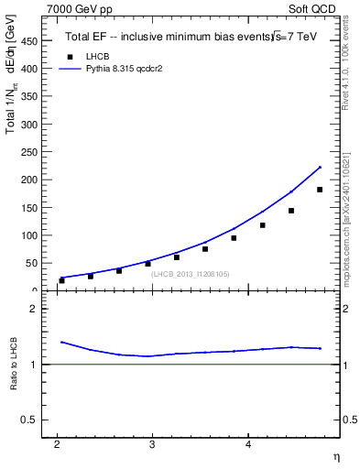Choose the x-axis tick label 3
153,445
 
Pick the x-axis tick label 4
248,445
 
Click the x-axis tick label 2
57,445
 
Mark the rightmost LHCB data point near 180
320,190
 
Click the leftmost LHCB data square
61,280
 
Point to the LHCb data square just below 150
291,211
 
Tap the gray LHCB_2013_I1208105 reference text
191,274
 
